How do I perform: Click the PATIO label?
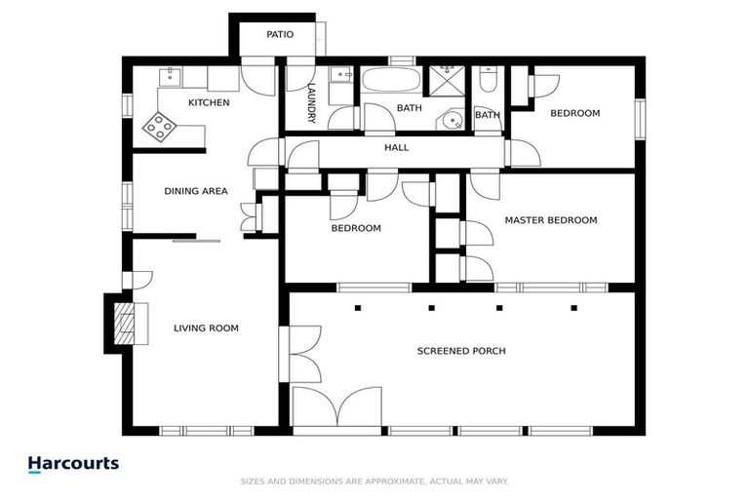(280, 35)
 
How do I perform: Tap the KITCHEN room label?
(209, 102)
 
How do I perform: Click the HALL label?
(396, 148)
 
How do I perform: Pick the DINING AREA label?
(195, 191)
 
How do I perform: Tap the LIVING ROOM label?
(206, 328)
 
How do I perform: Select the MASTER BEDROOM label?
(550, 220)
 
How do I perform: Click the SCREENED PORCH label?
(461, 351)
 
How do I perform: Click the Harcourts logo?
(73, 464)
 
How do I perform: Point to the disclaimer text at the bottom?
(374, 481)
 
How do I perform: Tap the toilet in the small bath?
(489, 83)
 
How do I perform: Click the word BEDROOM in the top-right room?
(574, 113)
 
